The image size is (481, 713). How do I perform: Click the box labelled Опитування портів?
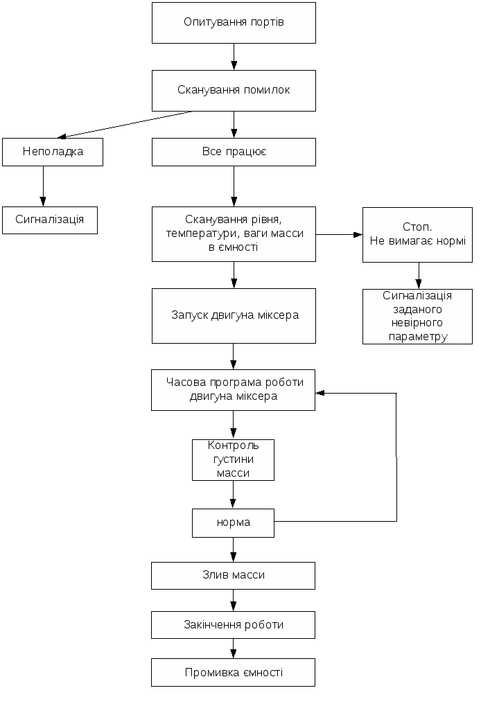pyautogui.click(x=234, y=23)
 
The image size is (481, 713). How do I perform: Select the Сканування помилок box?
pyautogui.click(x=234, y=90)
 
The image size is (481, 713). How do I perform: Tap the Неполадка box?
pyautogui.click(x=53, y=152)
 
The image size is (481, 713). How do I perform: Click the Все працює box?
pyautogui.click(x=234, y=152)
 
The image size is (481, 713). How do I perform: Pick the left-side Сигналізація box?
pyautogui.click(x=50, y=220)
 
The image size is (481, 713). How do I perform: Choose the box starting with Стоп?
pyautogui.click(x=417, y=234)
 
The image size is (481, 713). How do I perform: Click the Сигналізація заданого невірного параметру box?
pyautogui.click(x=417, y=317)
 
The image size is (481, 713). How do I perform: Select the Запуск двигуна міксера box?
pyautogui.click(x=234, y=315)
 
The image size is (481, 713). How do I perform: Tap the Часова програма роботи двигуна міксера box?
pyautogui.click(x=234, y=389)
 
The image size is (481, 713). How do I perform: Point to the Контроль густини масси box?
pyautogui.click(x=233, y=459)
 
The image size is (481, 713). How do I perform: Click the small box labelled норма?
pyautogui.click(x=233, y=522)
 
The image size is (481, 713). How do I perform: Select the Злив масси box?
pyautogui.click(x=234, y=575)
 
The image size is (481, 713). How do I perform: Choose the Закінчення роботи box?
pyautogui.click(x=234, y=624)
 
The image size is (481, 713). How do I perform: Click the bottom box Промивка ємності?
pyautogui.click(x=234, y=672)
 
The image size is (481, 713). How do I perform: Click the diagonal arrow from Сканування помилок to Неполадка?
pyautogui.click(x=125, y=125)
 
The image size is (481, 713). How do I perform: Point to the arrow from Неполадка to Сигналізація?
pyautogui.click(x=43, y=186)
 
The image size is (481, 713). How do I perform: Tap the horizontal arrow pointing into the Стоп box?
pyautogui.click(x=339, y=234)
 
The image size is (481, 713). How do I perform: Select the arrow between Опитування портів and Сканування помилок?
pyautogui.click(x=234, y=56)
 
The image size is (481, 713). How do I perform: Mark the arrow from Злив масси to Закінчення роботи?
pyautogui.click(x=233, y=600)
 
